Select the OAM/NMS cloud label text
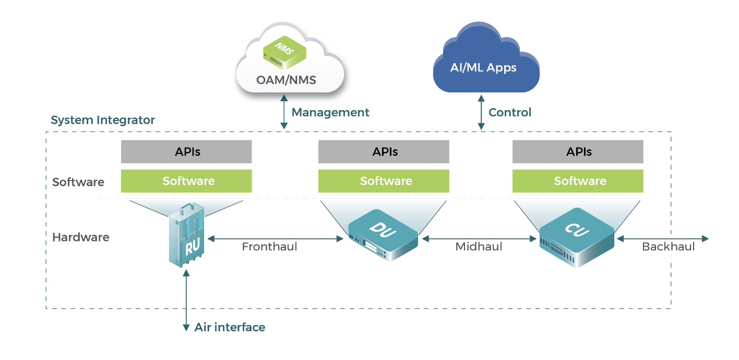coord(286,80)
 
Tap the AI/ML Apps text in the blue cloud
coord(483,68)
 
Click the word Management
coord(330,112)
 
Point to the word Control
coord(509,112)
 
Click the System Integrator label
coord(103,120)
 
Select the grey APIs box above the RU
coord(186,152)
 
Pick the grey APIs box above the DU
coord(384,152)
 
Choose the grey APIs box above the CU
coord(578,152)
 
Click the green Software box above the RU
coord(186,181)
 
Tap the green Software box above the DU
coord(384,181)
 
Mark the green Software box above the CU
coord(578,181)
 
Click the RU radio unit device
coord(187,237)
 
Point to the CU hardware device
coord(577,237)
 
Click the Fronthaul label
coord(269,247)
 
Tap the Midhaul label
coord(479,247)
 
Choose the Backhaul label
coord(668,247)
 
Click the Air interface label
coord(230,328)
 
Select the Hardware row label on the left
coord(81,237)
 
